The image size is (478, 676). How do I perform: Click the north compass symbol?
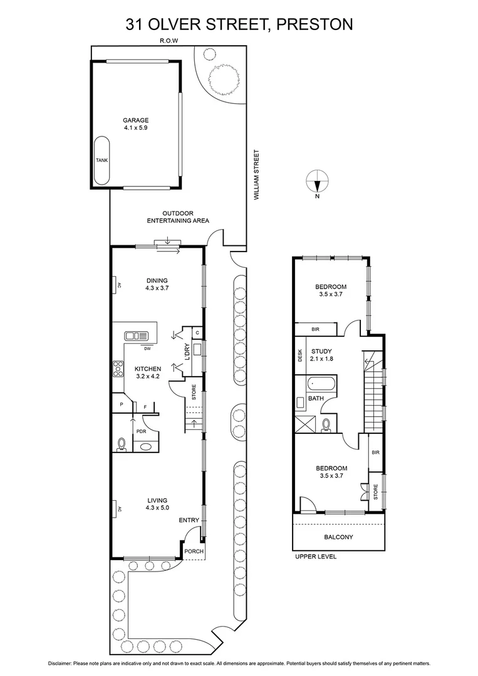(317, 182)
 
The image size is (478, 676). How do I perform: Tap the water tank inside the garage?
(101, 160)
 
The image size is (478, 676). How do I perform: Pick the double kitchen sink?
(135, 335)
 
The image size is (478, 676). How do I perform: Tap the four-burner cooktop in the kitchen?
(117, 369)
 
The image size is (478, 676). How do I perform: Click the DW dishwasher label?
(147, 349)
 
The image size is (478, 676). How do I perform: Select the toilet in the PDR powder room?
(122, 445)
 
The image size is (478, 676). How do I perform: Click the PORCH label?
(193, 551)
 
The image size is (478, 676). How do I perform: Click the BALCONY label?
(338, 537)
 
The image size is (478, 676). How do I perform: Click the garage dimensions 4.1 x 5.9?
(135, 128)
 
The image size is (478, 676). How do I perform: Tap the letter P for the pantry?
(121, 405)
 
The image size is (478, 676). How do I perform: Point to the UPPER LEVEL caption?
(315, 556)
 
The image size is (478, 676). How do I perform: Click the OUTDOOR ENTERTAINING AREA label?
(177, 217)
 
